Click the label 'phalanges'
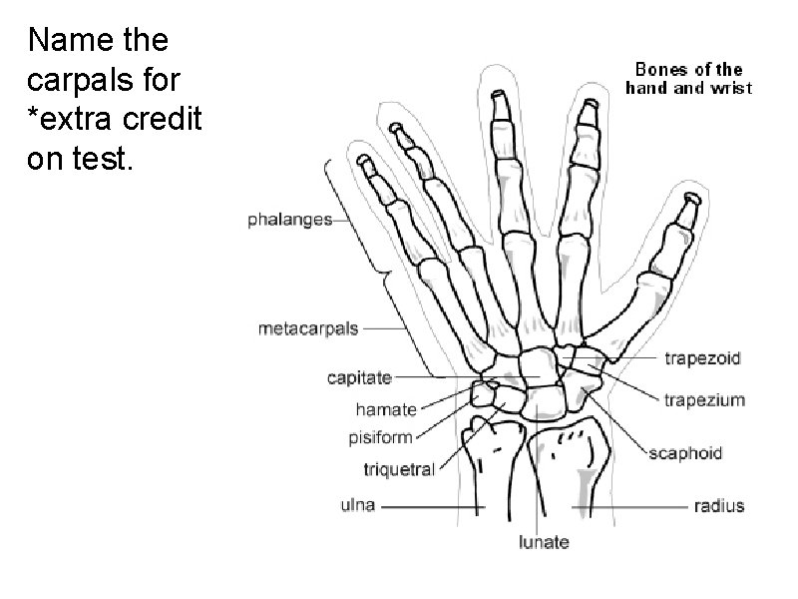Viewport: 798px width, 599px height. pos(289,221)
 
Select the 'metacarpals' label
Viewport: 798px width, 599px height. pos(309,327)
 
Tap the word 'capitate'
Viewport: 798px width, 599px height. pos(359,378)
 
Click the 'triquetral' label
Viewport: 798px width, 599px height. pos(398,469)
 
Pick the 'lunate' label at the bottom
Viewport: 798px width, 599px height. pos(545,543)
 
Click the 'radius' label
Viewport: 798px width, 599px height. pos(718,506)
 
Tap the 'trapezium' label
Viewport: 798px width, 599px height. pos(704,400)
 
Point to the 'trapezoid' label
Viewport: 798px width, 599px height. pos(702,357)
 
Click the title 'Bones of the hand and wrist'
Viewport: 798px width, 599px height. pos(688,78)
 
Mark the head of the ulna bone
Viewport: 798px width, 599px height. pos(486,439)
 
